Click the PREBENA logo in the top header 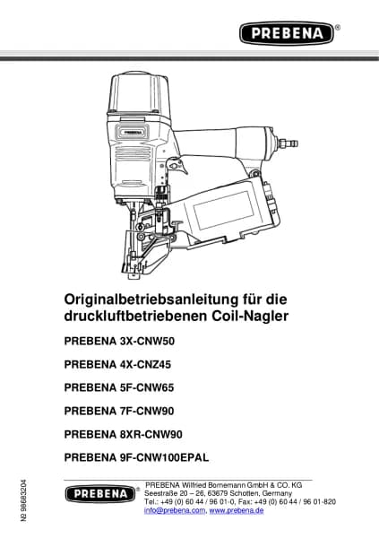(287, 33)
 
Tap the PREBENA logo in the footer (100, 494)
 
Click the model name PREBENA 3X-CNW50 (119, 341)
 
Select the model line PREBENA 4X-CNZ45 (117, 364)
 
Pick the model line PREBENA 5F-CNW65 (119, 387)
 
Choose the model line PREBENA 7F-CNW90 (119, 411)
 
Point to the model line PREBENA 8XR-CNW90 (123, 434)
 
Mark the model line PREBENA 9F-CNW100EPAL (136, 457)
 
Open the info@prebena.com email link (175, 510)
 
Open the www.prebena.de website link (237, 510)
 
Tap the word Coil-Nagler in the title (250, 316)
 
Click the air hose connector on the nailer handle (289, 143)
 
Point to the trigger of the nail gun (178, 167)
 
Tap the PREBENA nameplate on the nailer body (133, 132)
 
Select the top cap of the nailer (138, 93)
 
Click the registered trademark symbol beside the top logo (338, 28)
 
